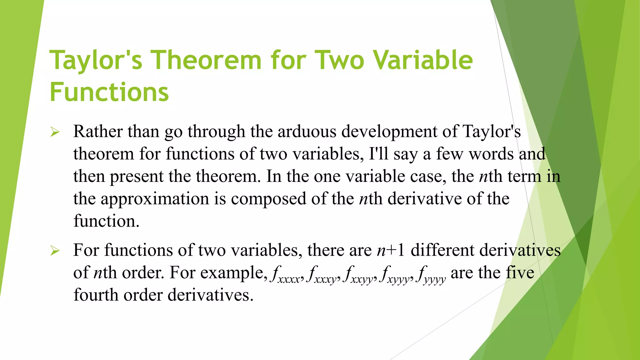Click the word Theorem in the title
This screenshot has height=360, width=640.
(206, 60)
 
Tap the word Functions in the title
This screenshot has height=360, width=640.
(109, 92)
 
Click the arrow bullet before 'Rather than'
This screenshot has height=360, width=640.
(55, 132)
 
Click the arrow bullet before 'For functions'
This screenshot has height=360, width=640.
(55, 251)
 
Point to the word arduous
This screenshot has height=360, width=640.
(307, 131)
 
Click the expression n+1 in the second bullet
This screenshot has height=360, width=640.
(391, 251)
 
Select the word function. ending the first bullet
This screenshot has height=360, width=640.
(106, 221)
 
